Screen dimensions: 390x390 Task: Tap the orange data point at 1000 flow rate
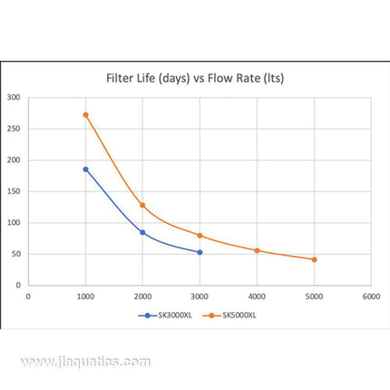click(85, 115)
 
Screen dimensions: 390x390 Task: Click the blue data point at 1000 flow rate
click(85, 169)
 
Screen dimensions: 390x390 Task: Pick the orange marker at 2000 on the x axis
click(142, 205)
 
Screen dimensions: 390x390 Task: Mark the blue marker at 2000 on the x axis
click(142, 232)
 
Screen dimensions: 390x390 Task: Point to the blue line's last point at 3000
click(200, 252)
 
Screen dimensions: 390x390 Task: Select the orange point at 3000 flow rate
click(200, 235)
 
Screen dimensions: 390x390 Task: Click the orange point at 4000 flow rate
click(257, 250)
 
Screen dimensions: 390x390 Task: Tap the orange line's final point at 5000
click(314, 259)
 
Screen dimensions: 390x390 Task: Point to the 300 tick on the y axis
click(13, 97)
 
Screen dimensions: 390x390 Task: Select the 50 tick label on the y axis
click(15, 254)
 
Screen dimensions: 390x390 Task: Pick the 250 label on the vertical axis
click(13, 129)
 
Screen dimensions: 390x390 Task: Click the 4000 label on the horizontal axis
click(257, 295)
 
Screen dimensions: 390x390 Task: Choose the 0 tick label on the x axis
click(28, 295)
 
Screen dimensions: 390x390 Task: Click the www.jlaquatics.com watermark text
click(86, 361)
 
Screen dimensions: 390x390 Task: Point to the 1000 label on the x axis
click(85, 295)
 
